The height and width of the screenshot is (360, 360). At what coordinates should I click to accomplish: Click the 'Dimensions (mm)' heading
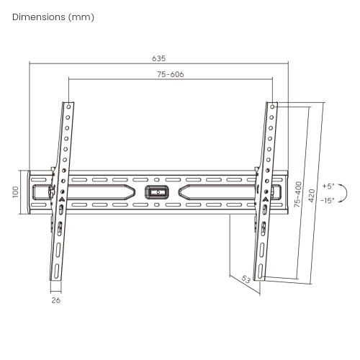(x=53, y=16)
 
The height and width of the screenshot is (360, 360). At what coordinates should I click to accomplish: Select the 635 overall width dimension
(x=158, y=58)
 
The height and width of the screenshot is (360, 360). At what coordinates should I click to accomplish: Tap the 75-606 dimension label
(x=170, y=74)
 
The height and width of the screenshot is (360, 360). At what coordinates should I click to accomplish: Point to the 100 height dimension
(x=13, y=192)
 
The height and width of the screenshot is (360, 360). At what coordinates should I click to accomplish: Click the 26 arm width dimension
(x=55, y=301)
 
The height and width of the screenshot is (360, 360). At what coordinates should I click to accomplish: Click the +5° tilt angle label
(x=328, y=185)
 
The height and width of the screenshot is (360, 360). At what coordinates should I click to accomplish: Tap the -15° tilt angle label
(x=328, y=200)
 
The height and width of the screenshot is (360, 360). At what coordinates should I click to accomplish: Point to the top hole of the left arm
(x=68, y=106)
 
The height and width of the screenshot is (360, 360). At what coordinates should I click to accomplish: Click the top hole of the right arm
(x=274, y=106)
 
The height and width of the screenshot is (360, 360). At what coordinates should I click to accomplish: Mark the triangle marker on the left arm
(x=62, y=195)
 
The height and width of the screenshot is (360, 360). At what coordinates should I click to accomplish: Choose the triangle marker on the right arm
(x=266, y=195)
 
